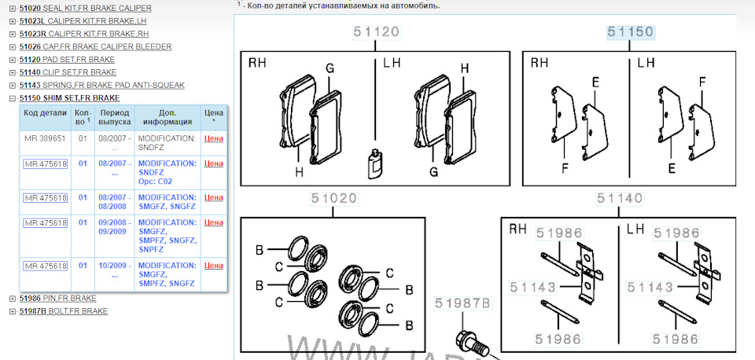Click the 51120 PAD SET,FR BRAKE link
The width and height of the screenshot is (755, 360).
point(67,60)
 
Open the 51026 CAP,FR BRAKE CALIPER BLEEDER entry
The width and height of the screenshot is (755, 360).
point(95,46)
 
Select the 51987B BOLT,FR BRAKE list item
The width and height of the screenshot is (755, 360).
point(64,311)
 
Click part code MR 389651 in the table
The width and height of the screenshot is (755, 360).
point(45,138)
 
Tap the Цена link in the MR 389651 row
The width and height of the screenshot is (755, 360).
point(214,138)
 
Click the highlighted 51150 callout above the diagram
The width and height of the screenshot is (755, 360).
point(630,31)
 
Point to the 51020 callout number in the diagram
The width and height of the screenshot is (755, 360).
point(333,198)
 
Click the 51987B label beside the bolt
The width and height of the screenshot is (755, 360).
point(462,303)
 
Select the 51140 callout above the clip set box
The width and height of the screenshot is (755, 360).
point(619,198)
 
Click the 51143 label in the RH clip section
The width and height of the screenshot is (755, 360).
point(533,288)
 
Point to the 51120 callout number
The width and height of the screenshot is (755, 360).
point(376,31)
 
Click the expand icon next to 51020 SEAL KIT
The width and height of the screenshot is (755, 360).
point(13,9)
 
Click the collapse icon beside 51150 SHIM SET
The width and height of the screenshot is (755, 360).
point(13,98)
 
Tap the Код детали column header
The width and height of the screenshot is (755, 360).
point(45,113)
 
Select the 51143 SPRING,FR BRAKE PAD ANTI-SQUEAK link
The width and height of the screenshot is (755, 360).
point(102,85)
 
